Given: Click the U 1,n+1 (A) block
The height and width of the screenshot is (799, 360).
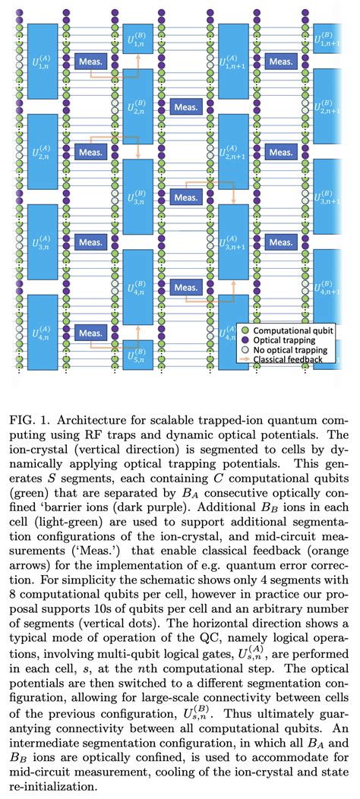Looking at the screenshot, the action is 234,60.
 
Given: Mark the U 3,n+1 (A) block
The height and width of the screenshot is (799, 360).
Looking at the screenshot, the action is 234,242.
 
